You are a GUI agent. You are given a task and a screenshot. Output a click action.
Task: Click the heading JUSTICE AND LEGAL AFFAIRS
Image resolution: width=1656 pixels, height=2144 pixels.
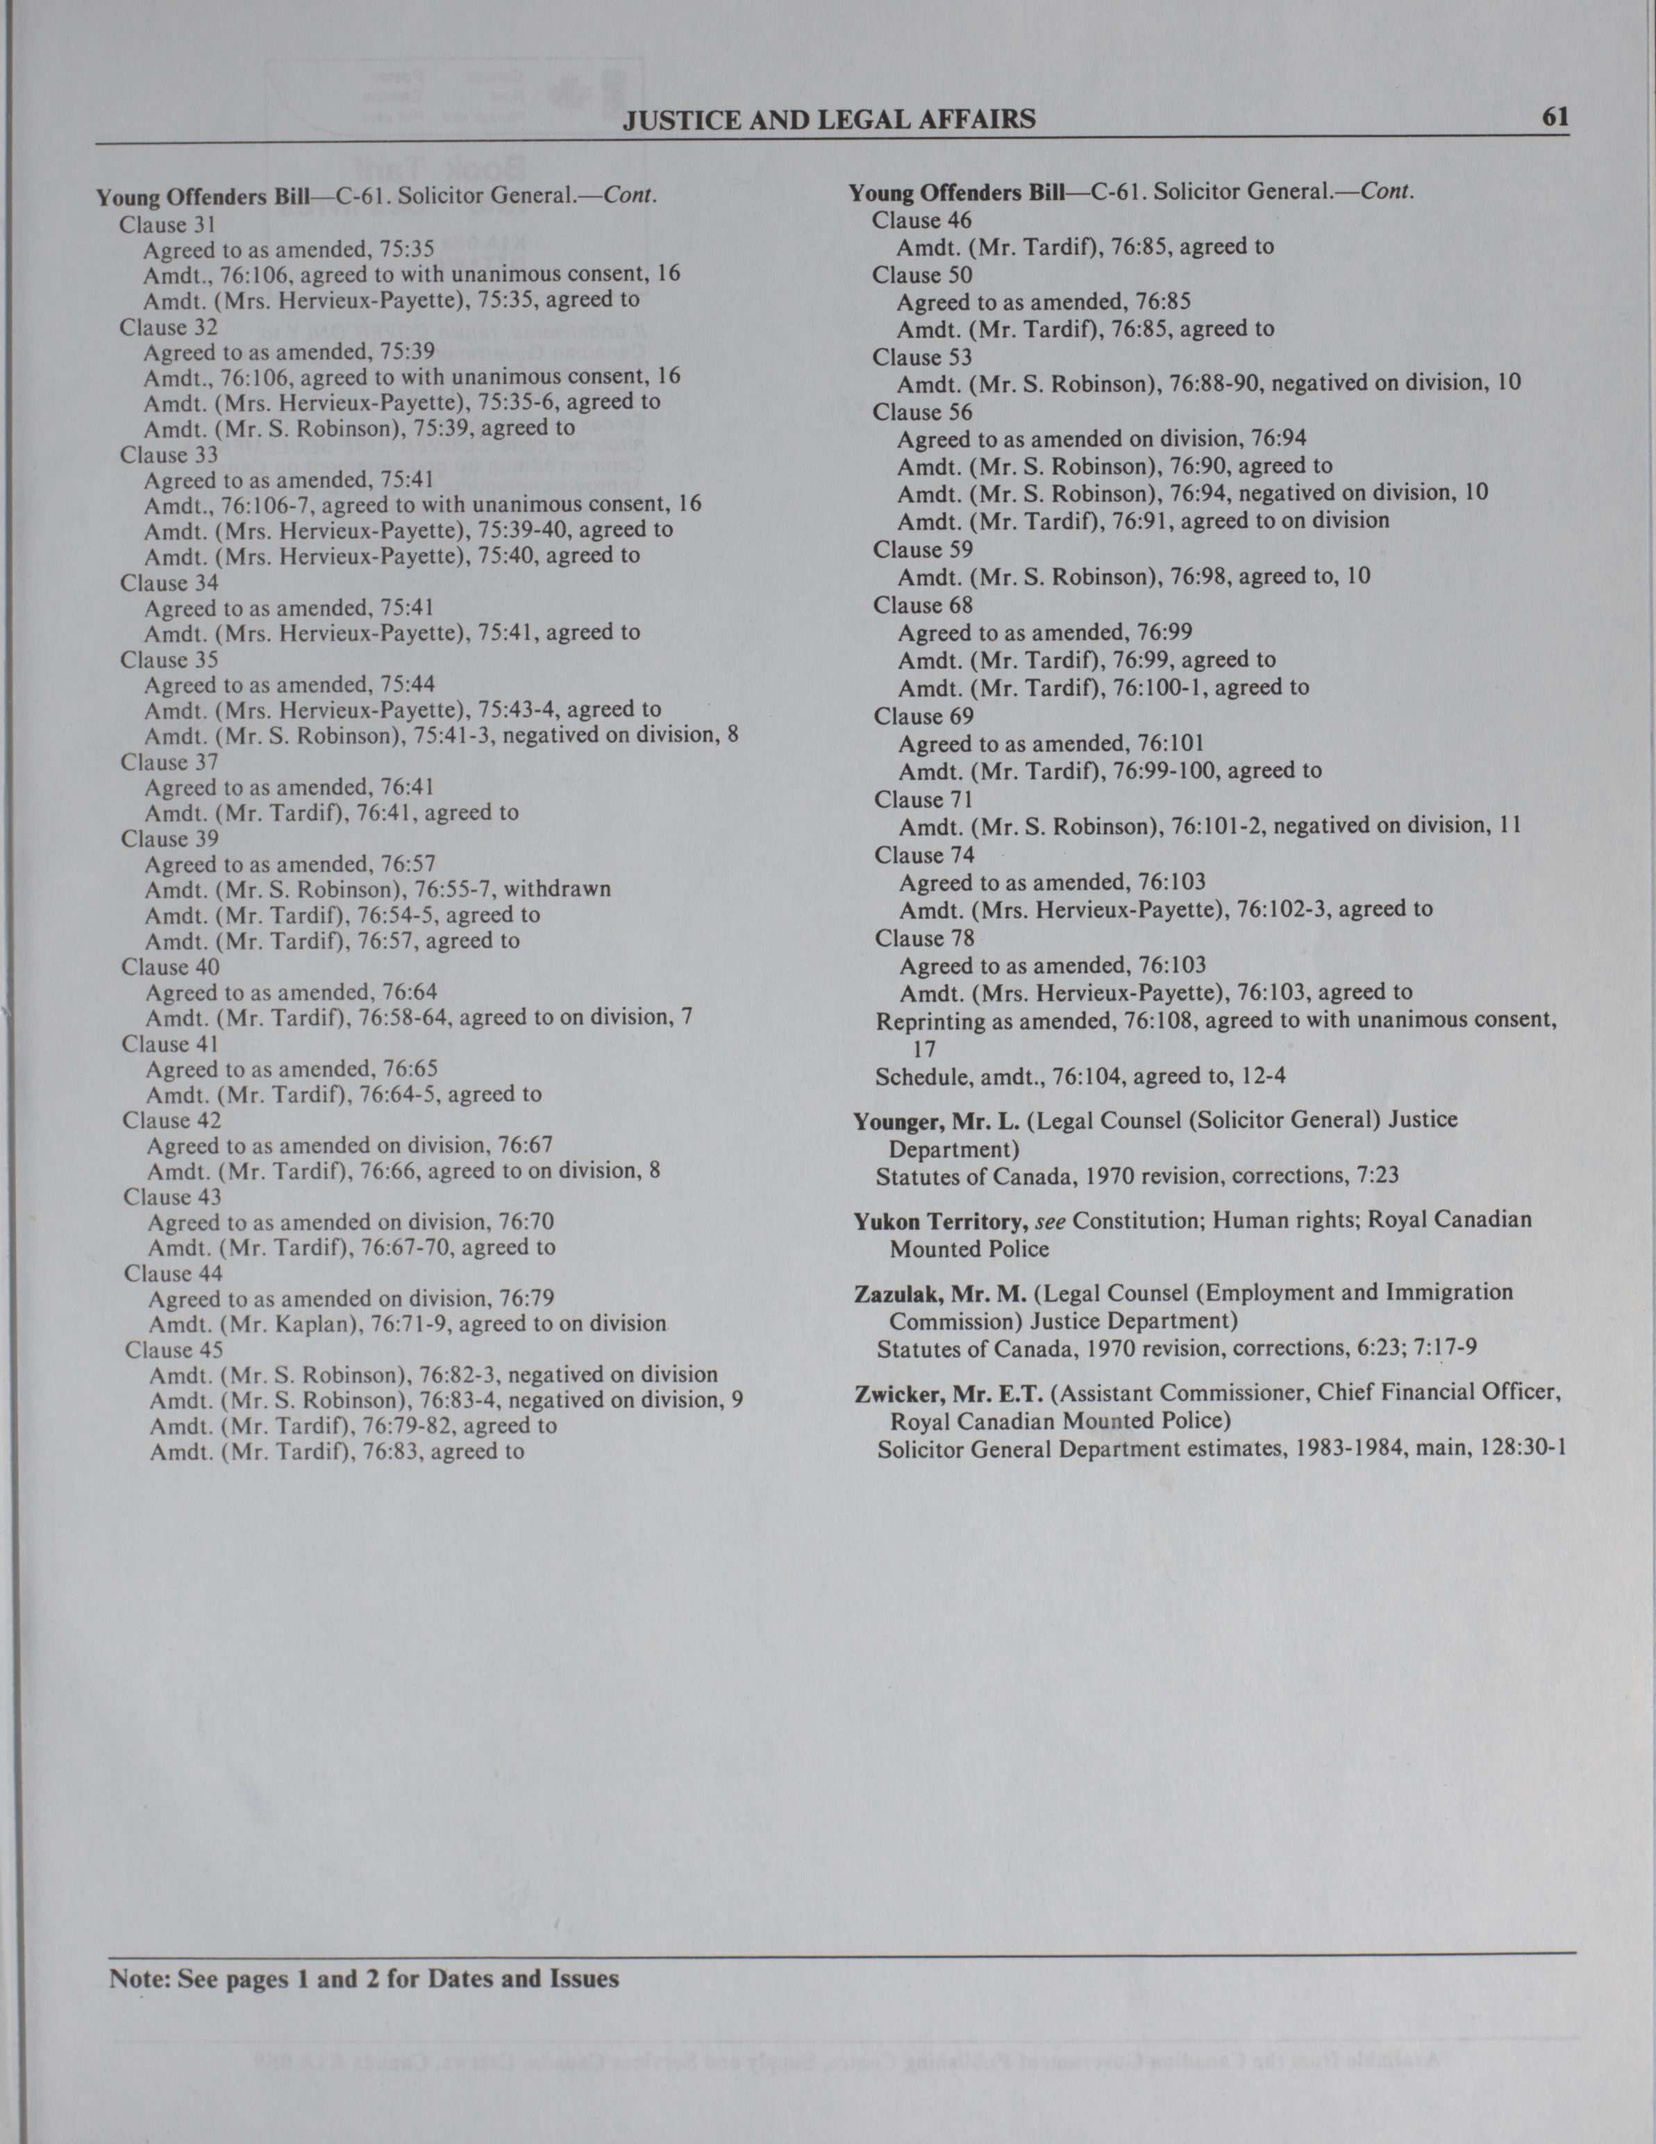pyautogui.click(x=830, y=119)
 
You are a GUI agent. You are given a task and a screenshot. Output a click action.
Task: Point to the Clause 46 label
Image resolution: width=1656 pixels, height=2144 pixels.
pyautogui.click(x=922, y=220)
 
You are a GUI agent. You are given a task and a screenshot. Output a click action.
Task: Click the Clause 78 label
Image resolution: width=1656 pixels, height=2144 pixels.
pyautogui.click(x=923, y=938)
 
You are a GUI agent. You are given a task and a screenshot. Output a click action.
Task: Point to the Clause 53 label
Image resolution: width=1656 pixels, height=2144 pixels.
pyautogui.click(x=922, y=357)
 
